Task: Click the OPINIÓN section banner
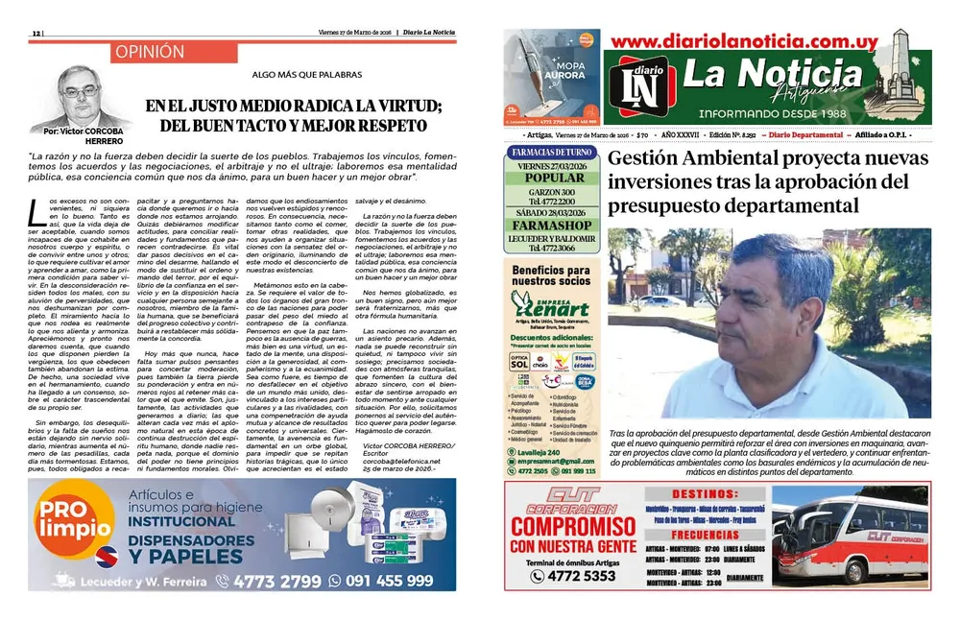click(148, 52)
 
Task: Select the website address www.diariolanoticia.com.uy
click(743, 41)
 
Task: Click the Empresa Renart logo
click(550, 306)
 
